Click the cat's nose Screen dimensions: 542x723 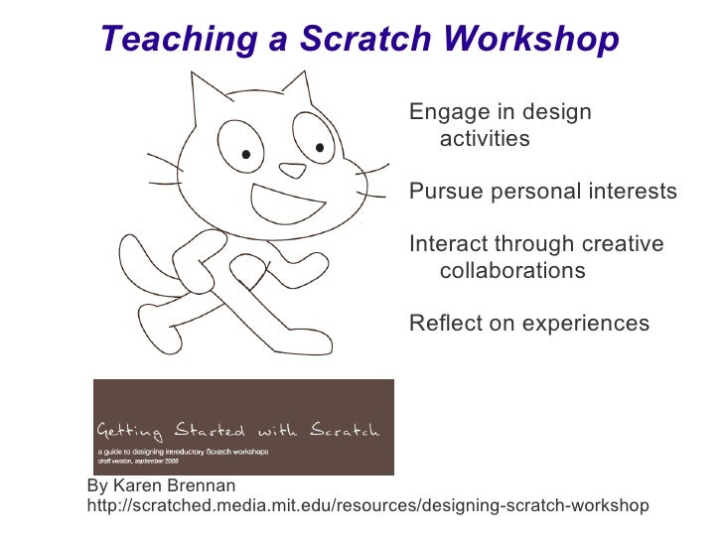tap(292, 170)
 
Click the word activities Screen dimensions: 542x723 tap(485, 139)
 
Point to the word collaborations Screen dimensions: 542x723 tap(512, 271)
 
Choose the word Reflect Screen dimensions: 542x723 tap(444, 324)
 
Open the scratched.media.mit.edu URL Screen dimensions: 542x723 tap(367, 506)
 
